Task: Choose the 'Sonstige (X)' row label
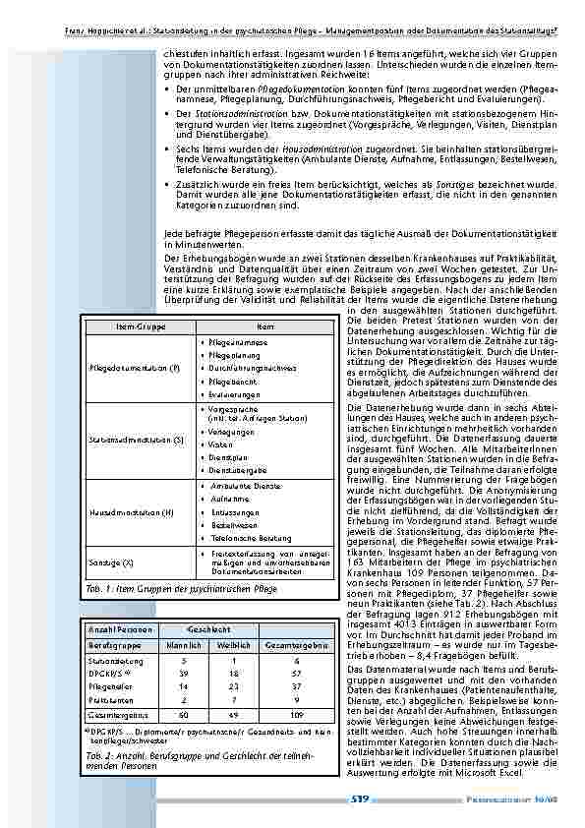point(112,560)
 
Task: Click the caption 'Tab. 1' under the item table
point(89,588)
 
